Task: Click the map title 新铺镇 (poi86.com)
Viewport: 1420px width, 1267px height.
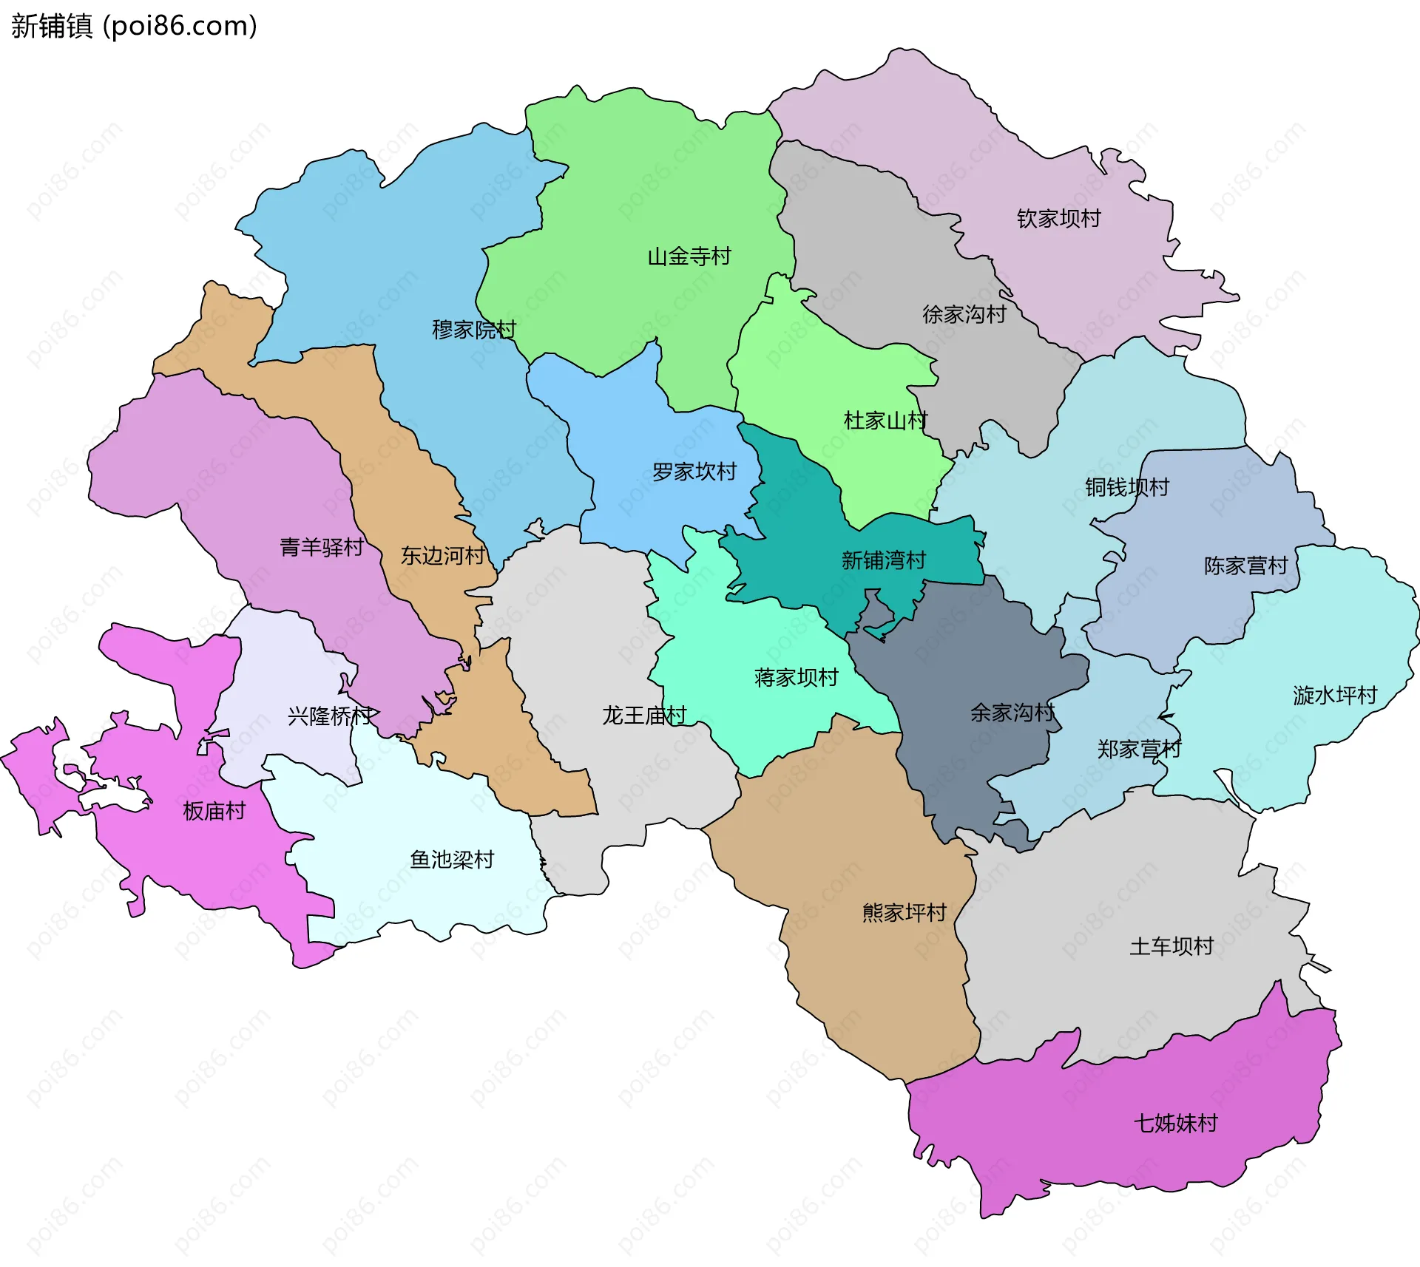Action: [x=134, y=26]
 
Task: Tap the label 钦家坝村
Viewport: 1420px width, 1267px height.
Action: [x=1058, y=219]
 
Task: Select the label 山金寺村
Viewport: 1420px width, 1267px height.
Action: [x=689, y=257]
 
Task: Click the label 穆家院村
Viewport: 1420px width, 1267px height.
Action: [x=473, y=330]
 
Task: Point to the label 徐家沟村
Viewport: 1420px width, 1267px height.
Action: [x=964, y=315]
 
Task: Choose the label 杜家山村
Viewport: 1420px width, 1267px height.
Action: [x=885, y=421]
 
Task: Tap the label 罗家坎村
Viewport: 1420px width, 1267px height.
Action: [x=694, y=472]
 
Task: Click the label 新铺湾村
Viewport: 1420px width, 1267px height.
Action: [x=883, y=560]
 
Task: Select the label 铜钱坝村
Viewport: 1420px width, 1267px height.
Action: [x=1126, y=487]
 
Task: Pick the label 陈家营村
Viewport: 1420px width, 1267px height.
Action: [x=1245, y=566]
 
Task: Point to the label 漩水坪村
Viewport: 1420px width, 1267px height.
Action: [x=1334, y=696]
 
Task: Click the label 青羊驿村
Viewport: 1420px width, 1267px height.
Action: [x=321, y=548]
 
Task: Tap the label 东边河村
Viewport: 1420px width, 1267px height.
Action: [x=442, y=556]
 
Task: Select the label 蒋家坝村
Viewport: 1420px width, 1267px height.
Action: [x=796, y=678]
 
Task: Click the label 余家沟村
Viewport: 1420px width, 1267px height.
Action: [x=1012, y=713]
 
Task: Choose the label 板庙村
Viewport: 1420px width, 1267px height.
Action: [x=214, y=812]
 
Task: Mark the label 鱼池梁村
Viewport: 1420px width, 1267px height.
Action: [x=451, y=860]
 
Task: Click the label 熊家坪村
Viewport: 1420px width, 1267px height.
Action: [x=904, y=913]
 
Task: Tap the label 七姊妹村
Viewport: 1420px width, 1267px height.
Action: [x=1175, y=1124]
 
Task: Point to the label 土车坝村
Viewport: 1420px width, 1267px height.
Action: [x=1171, y=947]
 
